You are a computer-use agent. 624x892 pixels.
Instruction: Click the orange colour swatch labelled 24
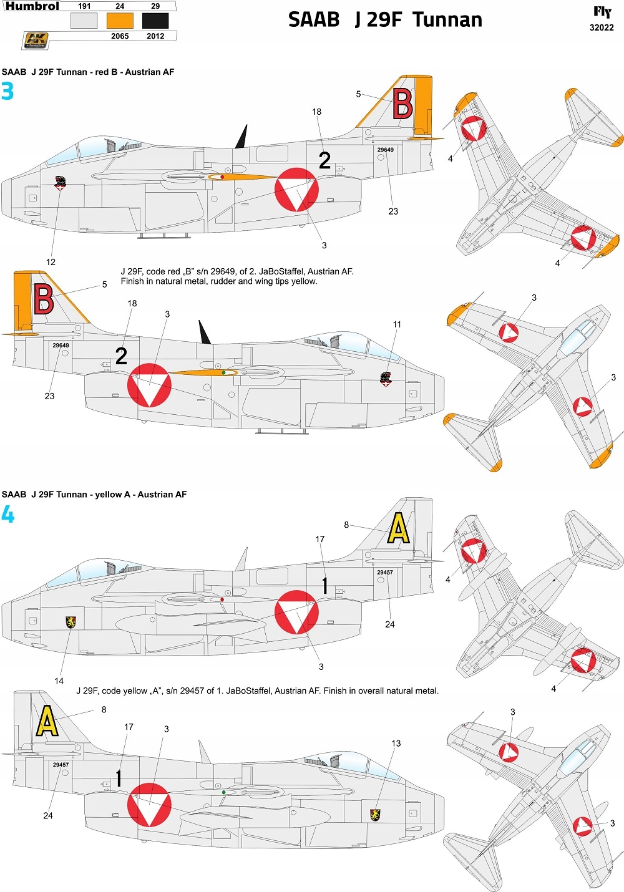(120, 21)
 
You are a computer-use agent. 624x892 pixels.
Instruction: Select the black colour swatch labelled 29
(155, 21)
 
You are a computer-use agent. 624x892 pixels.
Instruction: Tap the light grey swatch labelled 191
(84, 21)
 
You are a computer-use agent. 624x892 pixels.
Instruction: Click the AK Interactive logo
(36, 41)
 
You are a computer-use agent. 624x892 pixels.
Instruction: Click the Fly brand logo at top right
(602, 12)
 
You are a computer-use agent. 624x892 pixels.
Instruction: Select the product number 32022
(602, 27)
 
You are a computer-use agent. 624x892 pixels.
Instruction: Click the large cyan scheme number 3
(7, 92)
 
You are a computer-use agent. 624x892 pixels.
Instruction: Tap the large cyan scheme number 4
(7, 515)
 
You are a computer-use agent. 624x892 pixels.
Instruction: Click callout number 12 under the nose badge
(51, 262)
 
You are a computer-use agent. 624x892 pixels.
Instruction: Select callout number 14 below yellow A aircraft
(59, 681)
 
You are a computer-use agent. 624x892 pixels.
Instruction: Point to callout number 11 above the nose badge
(397, 324)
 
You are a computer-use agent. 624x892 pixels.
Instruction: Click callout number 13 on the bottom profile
(396, 744)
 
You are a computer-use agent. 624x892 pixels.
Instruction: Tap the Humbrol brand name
(32, 6)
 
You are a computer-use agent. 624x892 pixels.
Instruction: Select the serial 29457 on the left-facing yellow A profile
(385, 572)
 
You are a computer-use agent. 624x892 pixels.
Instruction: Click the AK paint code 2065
(120, 36)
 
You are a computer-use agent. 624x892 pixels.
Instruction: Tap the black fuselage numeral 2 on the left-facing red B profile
(324, 160)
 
